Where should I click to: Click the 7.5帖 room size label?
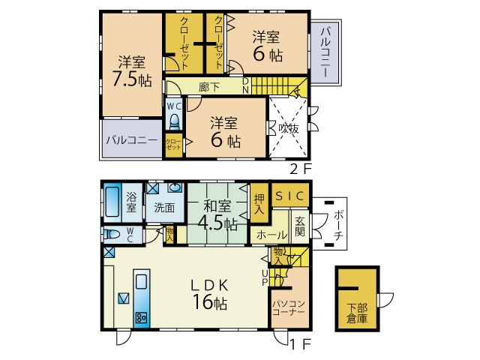tap(132, 79)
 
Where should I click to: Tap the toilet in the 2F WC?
tap(174, 121)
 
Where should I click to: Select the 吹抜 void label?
tap(288, 128)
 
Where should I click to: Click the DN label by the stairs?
tap(245, 85)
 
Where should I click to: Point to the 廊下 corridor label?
tap(209, 87)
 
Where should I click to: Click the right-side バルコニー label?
tap(325, 52)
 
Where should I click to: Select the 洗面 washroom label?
tap(164, 208)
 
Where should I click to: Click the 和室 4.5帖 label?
tap(217, 215)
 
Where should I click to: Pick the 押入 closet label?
tap(259, 204)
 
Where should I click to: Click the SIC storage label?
tap(289, 196)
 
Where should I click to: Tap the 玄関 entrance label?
tap(300, 226)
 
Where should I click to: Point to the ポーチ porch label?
tap(338, 225)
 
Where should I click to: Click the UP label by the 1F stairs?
tap(265, 277)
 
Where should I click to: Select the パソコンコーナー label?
tap(289, 307)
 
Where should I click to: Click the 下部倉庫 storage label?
tap(357, 313)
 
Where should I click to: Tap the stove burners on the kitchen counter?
tap(142, 318)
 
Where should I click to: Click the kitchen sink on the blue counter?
tap(141, 281)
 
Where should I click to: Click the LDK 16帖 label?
tap(210, 295)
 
